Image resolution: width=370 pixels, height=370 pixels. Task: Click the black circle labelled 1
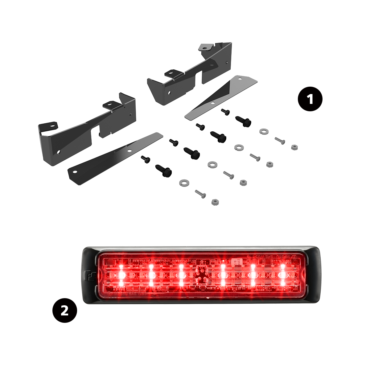pos(310,100)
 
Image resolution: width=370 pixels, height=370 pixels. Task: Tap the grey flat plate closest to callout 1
pos(221,97)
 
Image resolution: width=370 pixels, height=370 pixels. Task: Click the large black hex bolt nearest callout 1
pos(244,121)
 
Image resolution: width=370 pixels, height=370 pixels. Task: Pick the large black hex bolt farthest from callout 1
pos(164,171)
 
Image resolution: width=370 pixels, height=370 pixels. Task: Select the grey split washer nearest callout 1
pos(264,131)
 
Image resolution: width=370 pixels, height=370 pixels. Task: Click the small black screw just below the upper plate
pos(226,112)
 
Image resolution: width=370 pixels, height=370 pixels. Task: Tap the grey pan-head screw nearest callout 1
pos(280,141)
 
